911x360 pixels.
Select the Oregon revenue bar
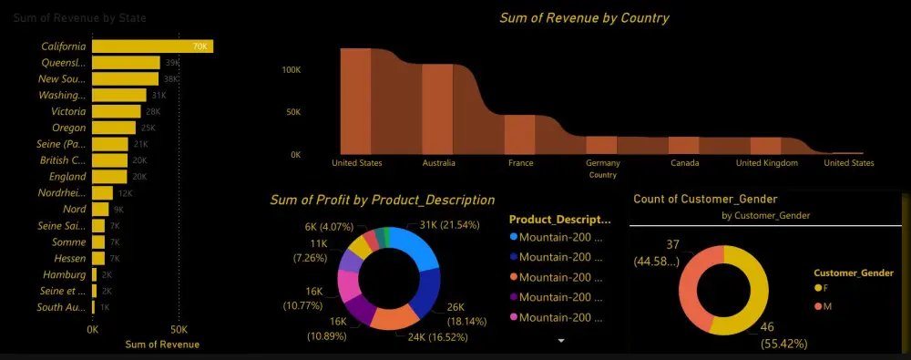114,128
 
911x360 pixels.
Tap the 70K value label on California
199,46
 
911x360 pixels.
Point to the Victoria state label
68,111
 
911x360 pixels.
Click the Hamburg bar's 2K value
107,274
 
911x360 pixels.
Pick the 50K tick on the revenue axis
179,328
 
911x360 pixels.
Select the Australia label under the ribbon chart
438,163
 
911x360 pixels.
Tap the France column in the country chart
520,134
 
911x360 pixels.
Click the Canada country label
684,163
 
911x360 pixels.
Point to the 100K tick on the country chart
292,69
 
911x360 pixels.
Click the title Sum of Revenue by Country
584,17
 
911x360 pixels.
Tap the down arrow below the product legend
561,340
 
